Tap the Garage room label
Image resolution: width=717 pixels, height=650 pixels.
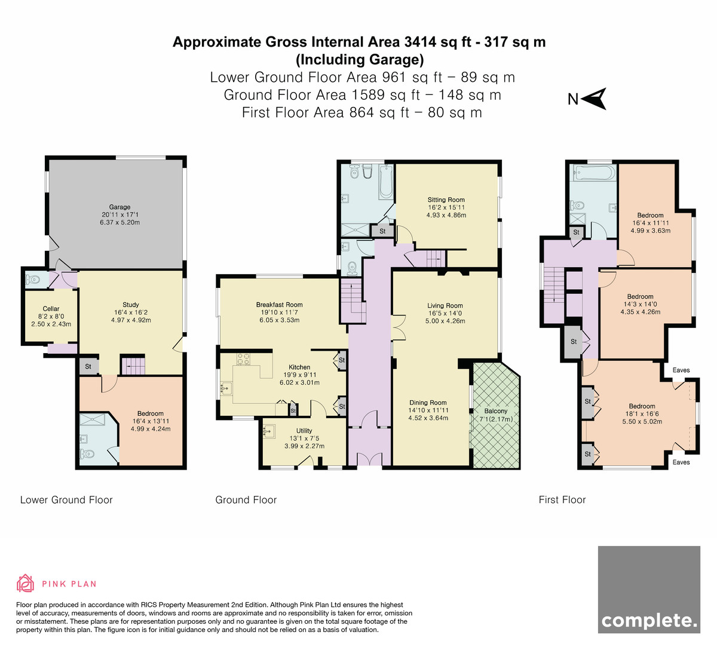(119, 207)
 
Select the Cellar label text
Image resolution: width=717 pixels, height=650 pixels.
(51, 308)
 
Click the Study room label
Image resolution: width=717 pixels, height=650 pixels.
(130, 305)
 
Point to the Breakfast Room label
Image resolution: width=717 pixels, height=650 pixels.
(279, 305)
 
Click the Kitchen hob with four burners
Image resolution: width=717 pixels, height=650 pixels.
(243, 359)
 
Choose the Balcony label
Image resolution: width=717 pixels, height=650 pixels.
(496, 411)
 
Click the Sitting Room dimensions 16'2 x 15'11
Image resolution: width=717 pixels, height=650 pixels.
(446, 207)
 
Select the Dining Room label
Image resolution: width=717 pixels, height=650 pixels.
(428, 403)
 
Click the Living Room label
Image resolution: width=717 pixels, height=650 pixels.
(445, 306)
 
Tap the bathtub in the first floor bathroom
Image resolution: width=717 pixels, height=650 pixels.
(594, 173)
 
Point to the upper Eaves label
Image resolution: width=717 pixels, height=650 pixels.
(681, 370)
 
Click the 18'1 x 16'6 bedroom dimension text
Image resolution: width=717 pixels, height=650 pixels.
(642, 413)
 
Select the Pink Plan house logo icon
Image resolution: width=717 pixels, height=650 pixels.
(25, 583)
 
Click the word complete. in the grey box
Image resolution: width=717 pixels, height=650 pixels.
(649, 621)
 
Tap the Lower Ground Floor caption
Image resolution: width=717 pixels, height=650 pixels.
(66, 500)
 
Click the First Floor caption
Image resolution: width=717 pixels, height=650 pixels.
(562, 500)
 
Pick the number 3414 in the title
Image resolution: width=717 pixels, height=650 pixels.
(420, 42)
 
